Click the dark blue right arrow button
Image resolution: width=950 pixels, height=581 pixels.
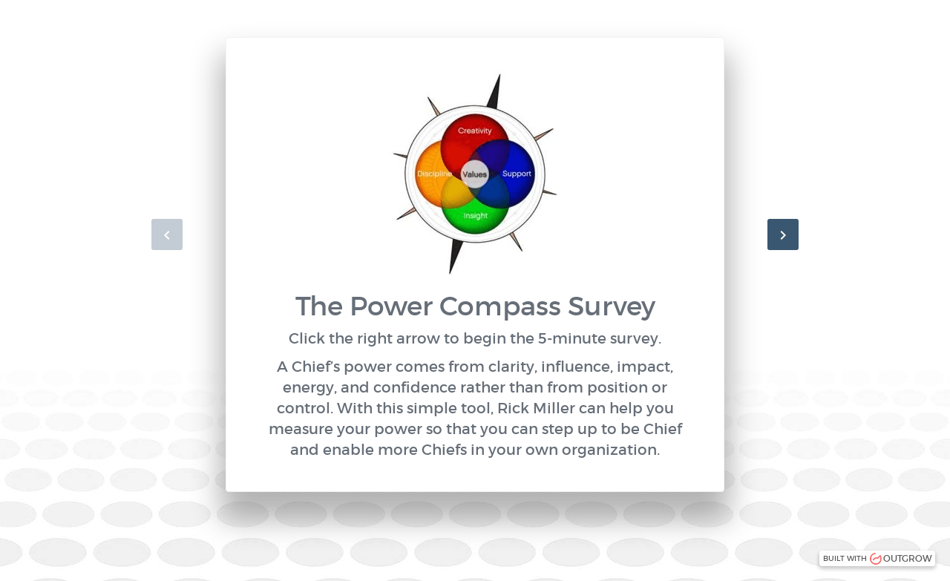click(x=782, y=234)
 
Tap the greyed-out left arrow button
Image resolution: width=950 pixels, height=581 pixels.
click(x=167, y=234)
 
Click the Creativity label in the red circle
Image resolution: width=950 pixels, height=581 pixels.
click(x=474, y=131)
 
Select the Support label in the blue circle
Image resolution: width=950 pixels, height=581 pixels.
click(x=517, y=174)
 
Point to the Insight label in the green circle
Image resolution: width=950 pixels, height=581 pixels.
click(x=476, y=216)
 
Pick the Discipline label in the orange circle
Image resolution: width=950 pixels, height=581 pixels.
click(x=434, y=174)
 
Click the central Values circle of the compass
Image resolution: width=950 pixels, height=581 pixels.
click(x=475, y=174)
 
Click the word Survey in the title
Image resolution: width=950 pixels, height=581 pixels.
click(x=612, y=306)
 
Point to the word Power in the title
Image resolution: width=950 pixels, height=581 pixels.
click(x=391, y=306)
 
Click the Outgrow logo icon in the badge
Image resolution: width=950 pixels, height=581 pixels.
click(x=876, y=559)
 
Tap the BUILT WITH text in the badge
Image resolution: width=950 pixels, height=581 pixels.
click(x=845, y=559)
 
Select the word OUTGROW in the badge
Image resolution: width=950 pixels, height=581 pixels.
click(x=907, y=559)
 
